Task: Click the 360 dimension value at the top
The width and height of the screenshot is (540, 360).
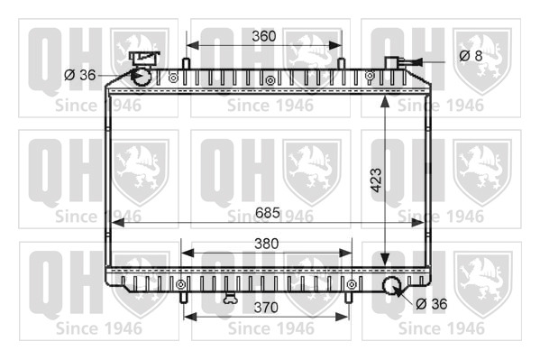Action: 264,36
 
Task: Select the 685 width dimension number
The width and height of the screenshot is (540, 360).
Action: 268,213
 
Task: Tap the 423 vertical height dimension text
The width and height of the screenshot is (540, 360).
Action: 376,180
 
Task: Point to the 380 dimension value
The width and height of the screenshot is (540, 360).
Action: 266,244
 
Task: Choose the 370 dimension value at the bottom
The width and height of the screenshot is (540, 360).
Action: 266,308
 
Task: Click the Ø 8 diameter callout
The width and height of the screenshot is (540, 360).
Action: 471,56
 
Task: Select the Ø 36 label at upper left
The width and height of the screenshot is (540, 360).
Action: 80,75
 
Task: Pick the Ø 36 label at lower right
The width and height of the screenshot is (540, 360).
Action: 432,304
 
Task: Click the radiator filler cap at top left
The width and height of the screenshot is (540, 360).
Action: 144,59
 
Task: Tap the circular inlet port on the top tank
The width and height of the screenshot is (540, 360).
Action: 142,76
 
